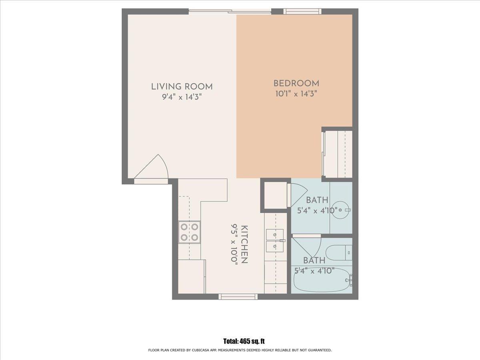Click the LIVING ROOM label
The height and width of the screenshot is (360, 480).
pyautogui.click(x=182, y=87)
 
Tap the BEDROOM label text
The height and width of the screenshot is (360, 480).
pyautogui.click(x=296, y=84)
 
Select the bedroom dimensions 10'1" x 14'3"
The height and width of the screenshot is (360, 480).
pyautogui.click(x=296, y=94)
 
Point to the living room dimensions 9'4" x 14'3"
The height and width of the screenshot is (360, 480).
pyautogui.click(x=182, y=97)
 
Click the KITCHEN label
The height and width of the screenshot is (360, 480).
pyautogui.click(x=244, y=244)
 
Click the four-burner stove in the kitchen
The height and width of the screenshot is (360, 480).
pyautogui.click(x=189, y=232)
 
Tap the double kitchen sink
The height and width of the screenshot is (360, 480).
pyautogui.click(x=275, y=241)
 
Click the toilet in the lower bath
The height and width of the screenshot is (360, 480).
pyautogui.click(x=339, y=252)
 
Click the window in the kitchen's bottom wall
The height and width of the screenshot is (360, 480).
pyautogui.click(x=238, y=296)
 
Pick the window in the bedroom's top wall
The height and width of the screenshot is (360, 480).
pyautogui.click(x=303, y=11)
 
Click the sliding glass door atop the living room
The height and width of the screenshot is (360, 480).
pyautogui.click(x=230, y=11)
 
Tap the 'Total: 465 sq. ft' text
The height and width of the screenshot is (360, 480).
pyautogui.click(x=244, y=341)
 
